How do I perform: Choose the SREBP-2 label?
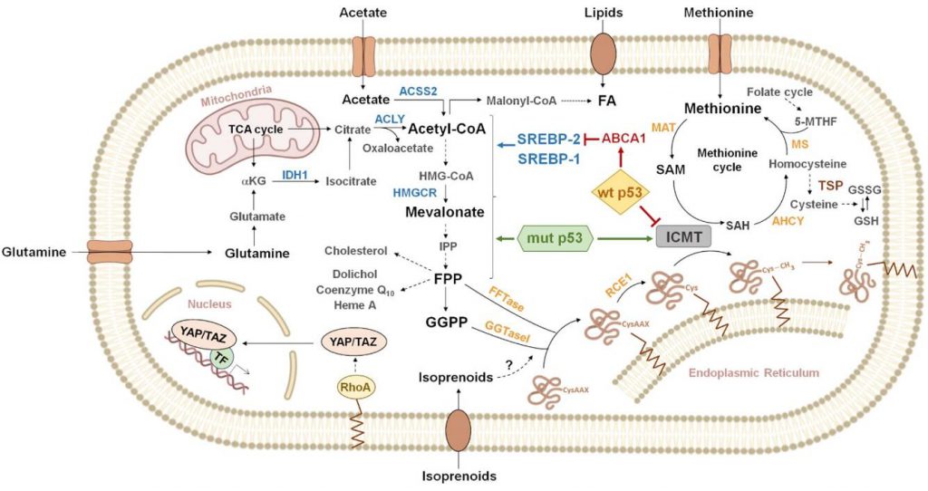coord(549,139)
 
